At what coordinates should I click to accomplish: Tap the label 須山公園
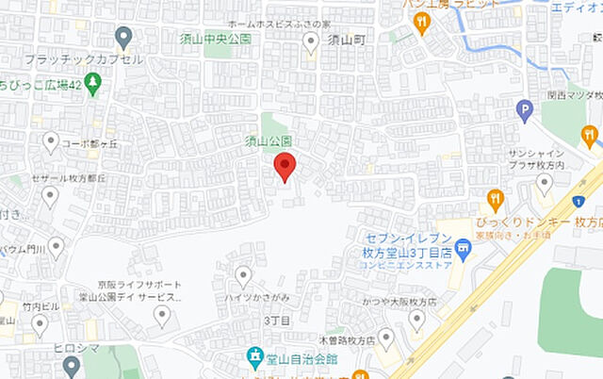point(269,141)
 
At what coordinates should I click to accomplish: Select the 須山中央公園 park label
point(217,39)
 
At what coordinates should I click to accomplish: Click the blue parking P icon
point(525,112)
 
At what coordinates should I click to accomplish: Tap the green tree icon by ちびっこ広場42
point(92,84)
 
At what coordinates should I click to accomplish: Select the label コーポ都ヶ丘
point(90,144)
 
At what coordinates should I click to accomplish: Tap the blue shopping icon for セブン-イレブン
point(462,250)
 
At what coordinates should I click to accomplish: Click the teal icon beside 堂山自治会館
point(254,357)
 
